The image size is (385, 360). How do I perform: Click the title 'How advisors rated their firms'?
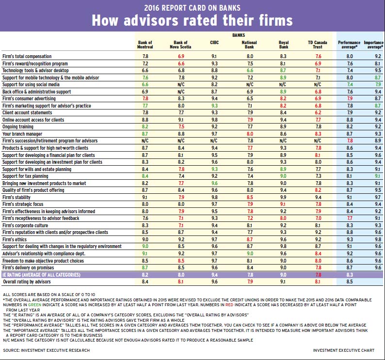pos(192,20)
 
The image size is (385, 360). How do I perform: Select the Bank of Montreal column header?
pos(145,45)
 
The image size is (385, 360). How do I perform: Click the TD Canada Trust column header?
pos(318,45)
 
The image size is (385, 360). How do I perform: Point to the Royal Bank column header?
pos(284,45)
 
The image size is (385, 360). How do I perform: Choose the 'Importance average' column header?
pos(374,45)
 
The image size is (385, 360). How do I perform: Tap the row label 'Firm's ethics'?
pos(15,239)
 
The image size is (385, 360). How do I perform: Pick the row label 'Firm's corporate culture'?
pos(24,225)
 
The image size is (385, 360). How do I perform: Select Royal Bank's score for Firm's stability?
pos(284,197)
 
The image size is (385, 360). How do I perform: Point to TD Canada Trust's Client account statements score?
pos(318,112)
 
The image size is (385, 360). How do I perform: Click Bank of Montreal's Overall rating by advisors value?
pos(145,282)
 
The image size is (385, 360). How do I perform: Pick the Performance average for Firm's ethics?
pos(349,239)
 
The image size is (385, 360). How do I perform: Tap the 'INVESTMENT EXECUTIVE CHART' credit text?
pos(344,349)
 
